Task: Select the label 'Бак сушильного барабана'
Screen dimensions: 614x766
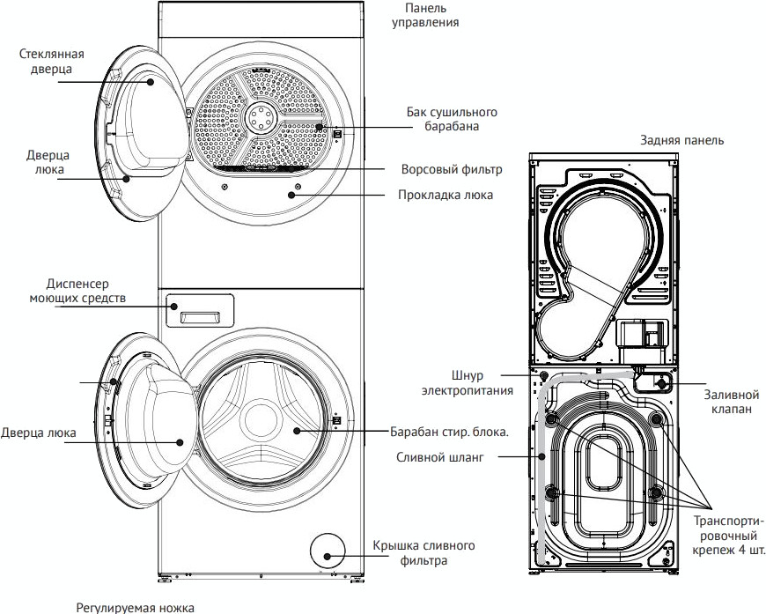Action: coord(452,120)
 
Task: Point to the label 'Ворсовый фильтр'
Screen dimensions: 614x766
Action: coord(450,168)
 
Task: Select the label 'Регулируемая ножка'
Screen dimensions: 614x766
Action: coord(134,607)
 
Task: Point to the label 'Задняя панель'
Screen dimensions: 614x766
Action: coord(683,140)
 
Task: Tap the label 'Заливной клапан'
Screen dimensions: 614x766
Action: coord(730,403)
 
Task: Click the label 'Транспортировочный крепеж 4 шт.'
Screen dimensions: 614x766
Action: coord(727,534)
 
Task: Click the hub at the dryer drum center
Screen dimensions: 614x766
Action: coord(261,115)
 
